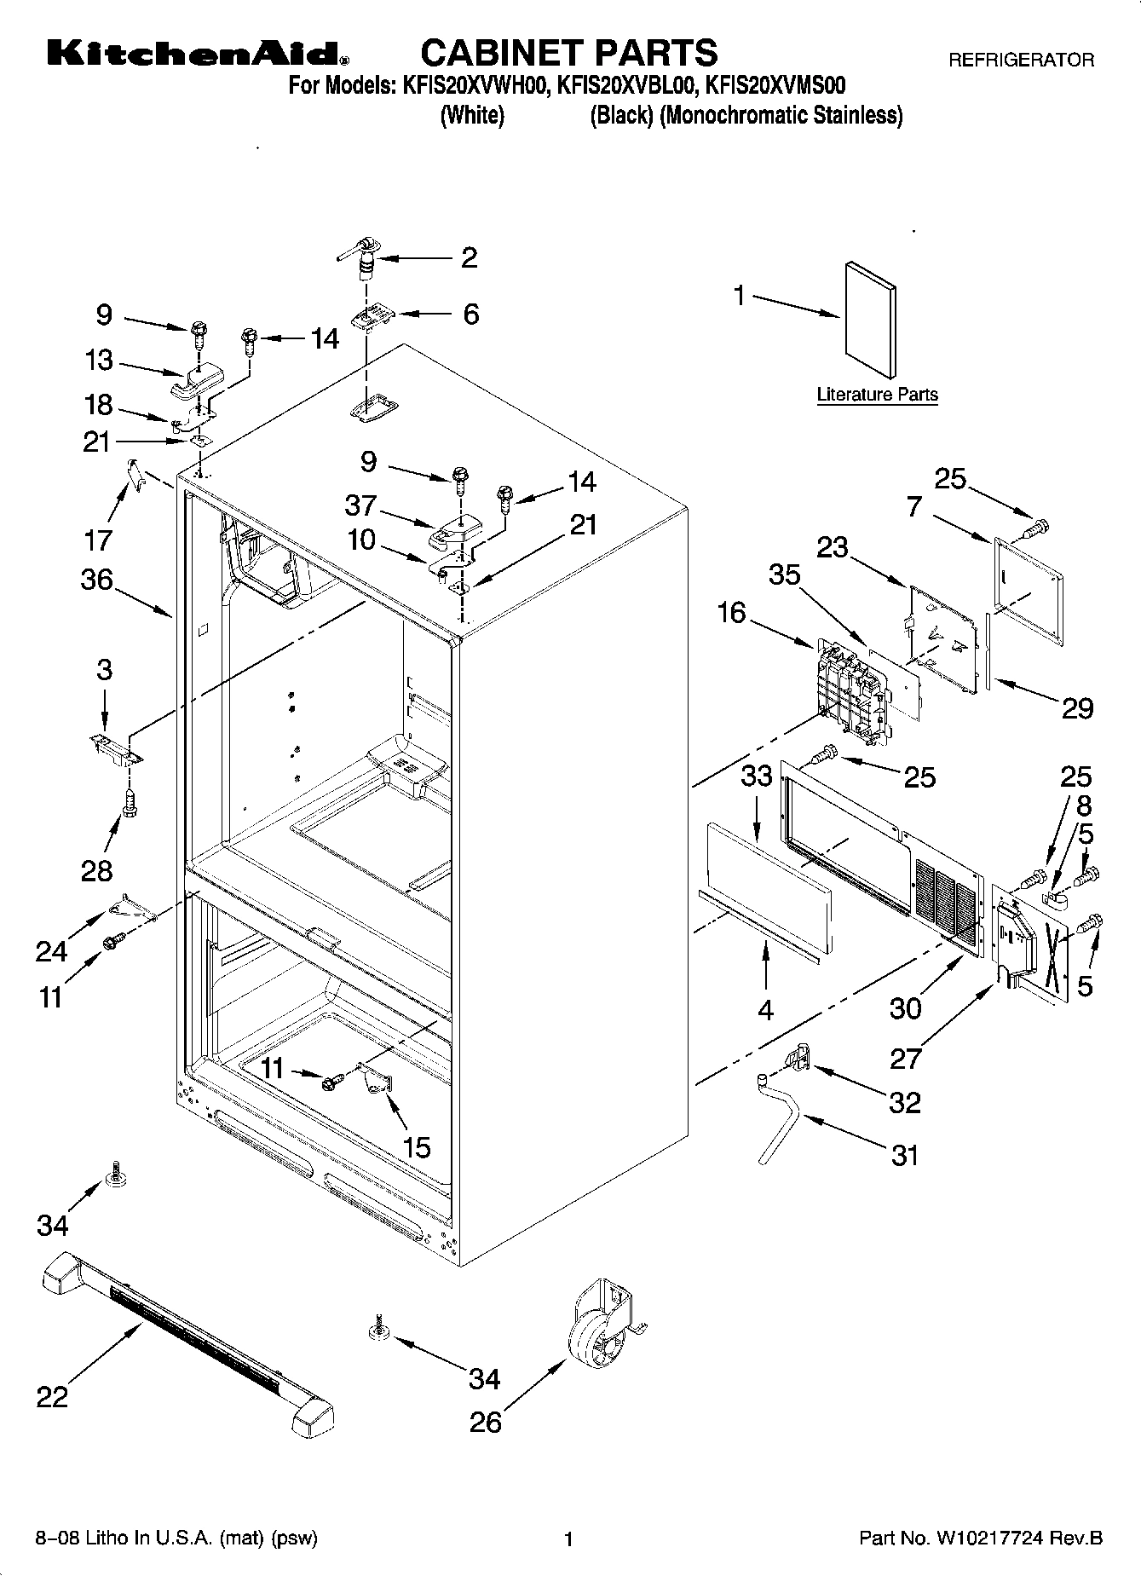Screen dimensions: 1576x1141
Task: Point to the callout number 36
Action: point(97,580)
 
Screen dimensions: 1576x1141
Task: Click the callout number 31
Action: point(904,1155)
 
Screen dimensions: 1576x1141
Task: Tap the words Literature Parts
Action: point(877,395)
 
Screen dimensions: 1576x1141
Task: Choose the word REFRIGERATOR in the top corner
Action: point(1021,60)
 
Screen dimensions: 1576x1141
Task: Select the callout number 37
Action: point(360,505)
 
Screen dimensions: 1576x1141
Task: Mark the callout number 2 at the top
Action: point(469,257)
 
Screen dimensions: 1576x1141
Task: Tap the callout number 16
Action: point(731,612)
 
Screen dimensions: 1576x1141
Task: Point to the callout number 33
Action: point(757,776)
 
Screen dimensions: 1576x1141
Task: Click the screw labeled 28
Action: point(130,803)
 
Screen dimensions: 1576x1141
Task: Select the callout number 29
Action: point(1077,707)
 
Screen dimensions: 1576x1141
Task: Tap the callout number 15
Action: point(416,1147)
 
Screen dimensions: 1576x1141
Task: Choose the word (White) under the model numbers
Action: point(472,115)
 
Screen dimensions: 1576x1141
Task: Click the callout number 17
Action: point(98,540)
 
